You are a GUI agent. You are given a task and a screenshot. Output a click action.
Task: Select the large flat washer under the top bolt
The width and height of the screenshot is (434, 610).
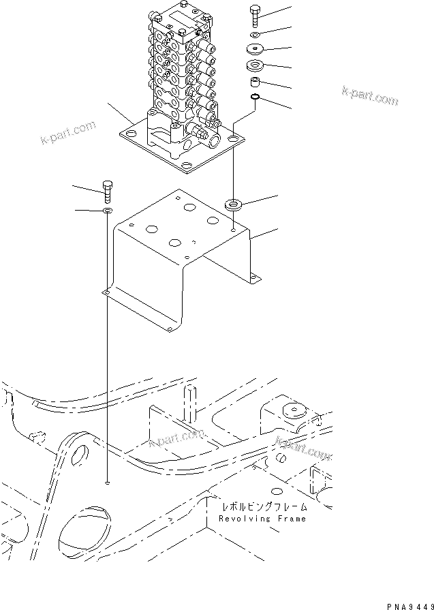[x=257, y=50]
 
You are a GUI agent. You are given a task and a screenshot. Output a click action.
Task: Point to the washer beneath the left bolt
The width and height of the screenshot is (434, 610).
[x=107, y=212]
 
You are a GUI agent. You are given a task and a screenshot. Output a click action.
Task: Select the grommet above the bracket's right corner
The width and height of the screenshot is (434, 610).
[x=234, y=203]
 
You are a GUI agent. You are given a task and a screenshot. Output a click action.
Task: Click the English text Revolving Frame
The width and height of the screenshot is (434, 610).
[x=262, y=519]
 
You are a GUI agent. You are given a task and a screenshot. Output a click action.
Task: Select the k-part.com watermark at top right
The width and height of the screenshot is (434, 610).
[x=370, y=97]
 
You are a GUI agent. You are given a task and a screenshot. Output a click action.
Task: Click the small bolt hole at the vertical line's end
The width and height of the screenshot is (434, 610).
[x=108, y=483]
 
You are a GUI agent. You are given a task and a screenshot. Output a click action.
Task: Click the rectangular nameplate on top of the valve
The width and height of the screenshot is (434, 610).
[x=181, y=20]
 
